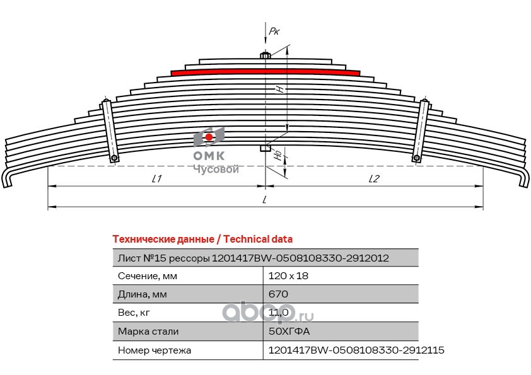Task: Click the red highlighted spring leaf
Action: (265, 72)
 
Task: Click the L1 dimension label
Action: (156, 179)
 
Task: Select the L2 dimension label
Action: (373, 179)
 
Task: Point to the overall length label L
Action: (265, 200)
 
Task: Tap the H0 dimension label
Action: (278, 155)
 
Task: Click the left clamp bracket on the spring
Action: (110, 130)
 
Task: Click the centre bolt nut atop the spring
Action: (265, 55)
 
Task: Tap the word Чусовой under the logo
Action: (215, 169)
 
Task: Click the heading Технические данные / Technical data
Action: (202, 239)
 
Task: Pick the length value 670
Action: (278, 294)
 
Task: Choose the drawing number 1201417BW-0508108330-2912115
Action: (356, 350)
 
